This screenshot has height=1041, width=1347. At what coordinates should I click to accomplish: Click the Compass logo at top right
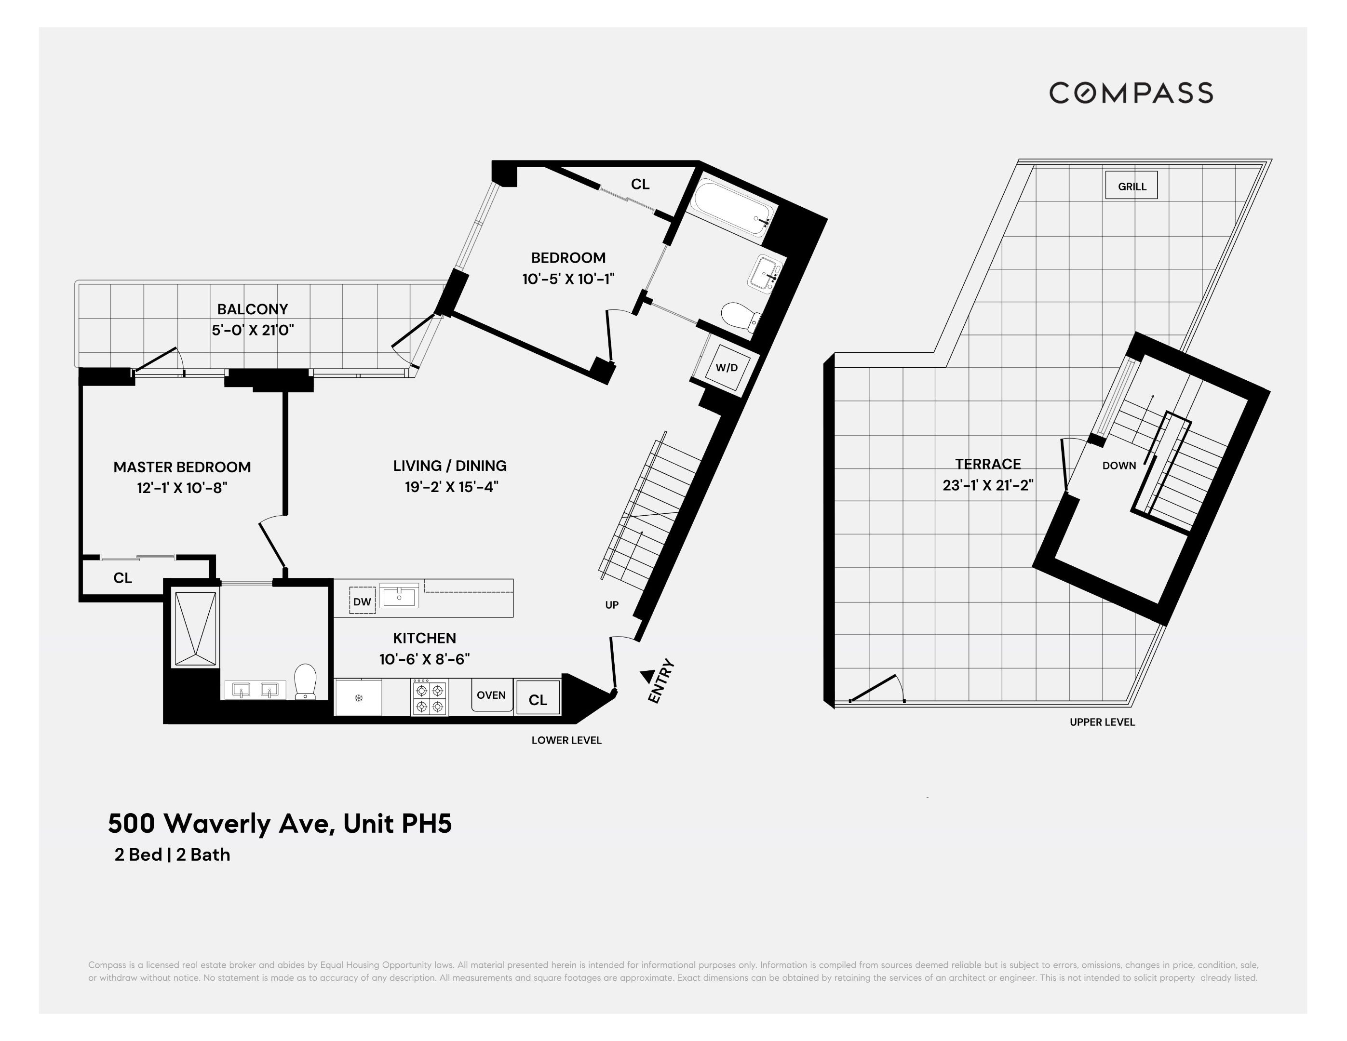[1131, 93]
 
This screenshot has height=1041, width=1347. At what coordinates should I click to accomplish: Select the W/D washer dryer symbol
[727, 368]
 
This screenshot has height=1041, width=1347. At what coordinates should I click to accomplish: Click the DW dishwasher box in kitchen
[362, 601]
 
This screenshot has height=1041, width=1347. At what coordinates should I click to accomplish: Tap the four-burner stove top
[430, 697]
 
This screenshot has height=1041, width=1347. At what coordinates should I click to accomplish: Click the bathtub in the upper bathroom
[731, 207]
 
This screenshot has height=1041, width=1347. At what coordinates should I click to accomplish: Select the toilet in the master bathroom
[305, 681]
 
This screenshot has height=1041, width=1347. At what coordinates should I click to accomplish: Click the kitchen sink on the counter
[400, 596]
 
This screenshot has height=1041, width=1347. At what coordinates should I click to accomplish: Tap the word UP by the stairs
[612, 605]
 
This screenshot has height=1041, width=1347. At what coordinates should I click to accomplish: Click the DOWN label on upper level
[1119, 466]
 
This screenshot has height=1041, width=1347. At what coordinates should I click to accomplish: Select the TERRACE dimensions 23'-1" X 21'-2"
[988, 485]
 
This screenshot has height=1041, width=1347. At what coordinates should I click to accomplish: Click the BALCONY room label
[252, 309]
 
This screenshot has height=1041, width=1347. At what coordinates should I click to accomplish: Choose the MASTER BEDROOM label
[182, 467]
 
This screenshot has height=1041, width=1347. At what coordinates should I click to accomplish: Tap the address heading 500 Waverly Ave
[280, 823]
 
